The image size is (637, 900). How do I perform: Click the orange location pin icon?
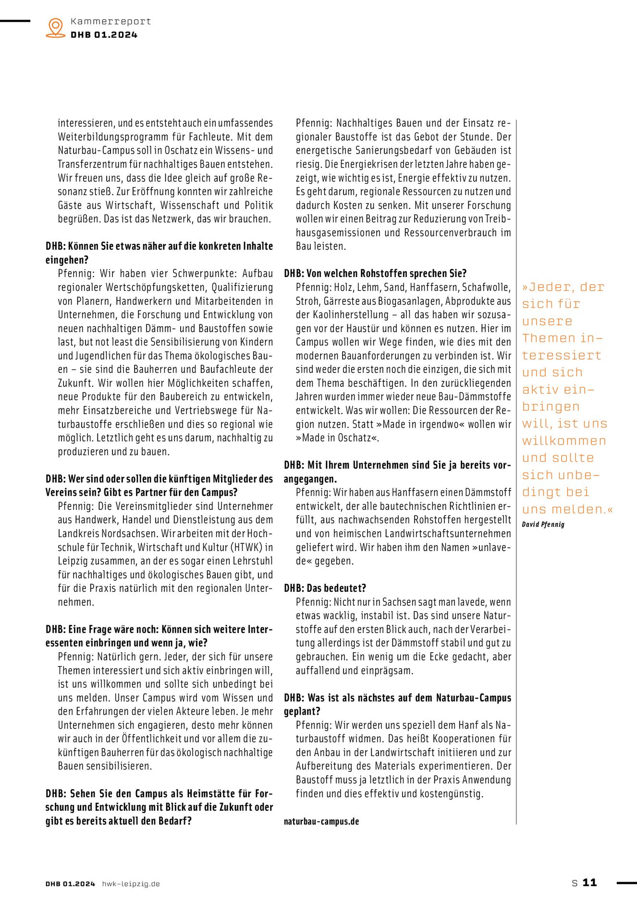click(x=56, y=27)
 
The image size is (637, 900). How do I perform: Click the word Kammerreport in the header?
click(x=110, y=22)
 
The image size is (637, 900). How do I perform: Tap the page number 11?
click(x=589, y=882)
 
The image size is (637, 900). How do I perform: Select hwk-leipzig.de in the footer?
click(x=131, y=884)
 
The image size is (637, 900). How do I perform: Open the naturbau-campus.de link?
click(x=321, y=821)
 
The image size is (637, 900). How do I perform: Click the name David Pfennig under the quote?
click(x=543, y=524)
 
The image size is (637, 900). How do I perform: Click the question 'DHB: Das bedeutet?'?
click(x=325, y=588)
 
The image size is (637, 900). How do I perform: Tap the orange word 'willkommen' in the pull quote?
click(x=564, y=441)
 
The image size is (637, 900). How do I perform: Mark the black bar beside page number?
click(x=626, y=882)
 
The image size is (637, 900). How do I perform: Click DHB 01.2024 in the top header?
click(x=104, y=35)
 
